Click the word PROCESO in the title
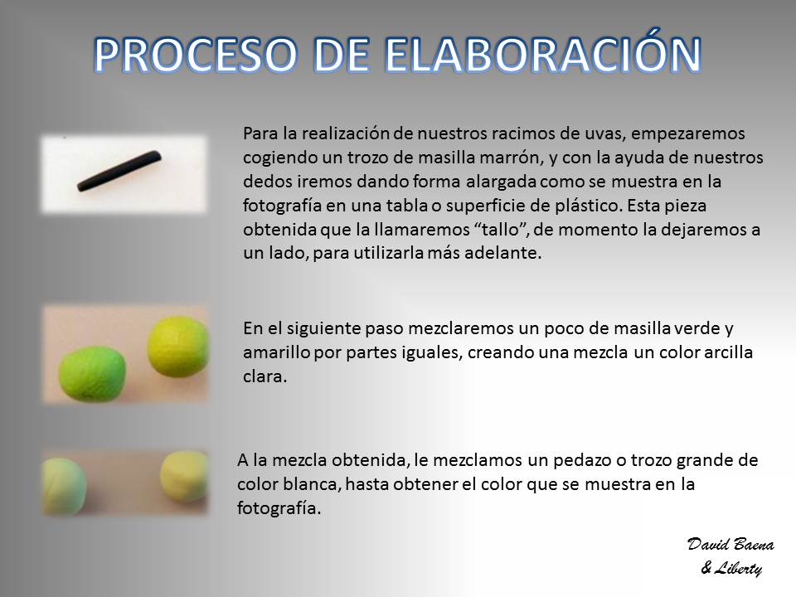click(196, 55)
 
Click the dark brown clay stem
click(119, 171)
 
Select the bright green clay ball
click(92, 374)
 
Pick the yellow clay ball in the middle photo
click(177, 347)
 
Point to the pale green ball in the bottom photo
click(64, 486)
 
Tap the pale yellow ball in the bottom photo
click(184, 476)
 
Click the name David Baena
click(730, 545)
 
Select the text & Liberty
click(731, 568)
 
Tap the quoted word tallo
click(504, 229)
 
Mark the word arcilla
click(729, 352)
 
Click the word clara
click(265, 376)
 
